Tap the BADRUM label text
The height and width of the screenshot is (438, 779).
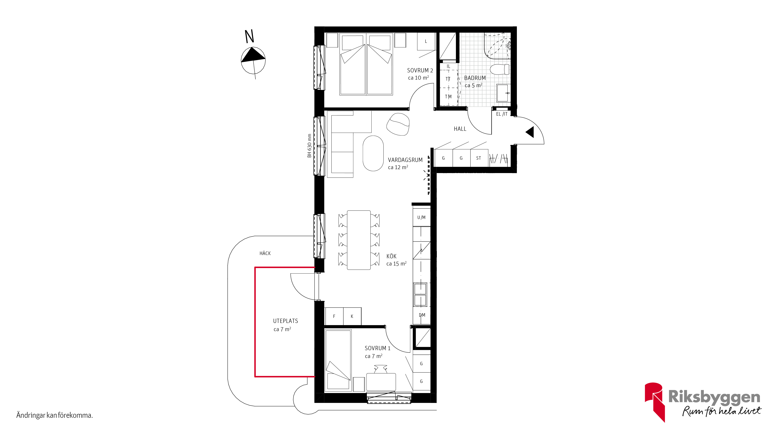(x=475, y=78)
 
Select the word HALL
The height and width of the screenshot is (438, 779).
(x=460, y=129)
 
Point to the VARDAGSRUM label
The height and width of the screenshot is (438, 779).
(x=405, y=160)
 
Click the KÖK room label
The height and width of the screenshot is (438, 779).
(x=391, y=256)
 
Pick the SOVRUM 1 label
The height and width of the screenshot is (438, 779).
(x=377, y=348)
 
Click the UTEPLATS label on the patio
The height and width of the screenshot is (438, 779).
(x=286, y=321)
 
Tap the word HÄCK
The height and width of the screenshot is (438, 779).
(x=265, y=253)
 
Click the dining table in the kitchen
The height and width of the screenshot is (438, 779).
(x=359, y=240)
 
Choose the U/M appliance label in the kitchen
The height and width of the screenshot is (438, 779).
(x=421, y=217)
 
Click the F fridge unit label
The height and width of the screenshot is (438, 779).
(x=334, y=316)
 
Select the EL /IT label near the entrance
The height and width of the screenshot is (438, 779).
(x=502, y=114)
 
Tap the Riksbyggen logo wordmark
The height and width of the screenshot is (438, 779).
(x=714, y=397)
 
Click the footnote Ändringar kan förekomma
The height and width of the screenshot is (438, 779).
(x=55, y=415)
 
